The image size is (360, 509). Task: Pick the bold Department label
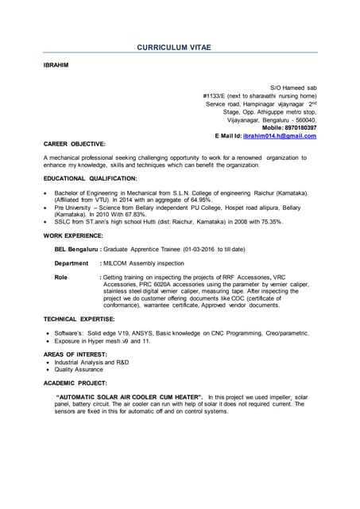click(71, 262)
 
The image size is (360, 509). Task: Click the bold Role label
click(60, 277)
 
